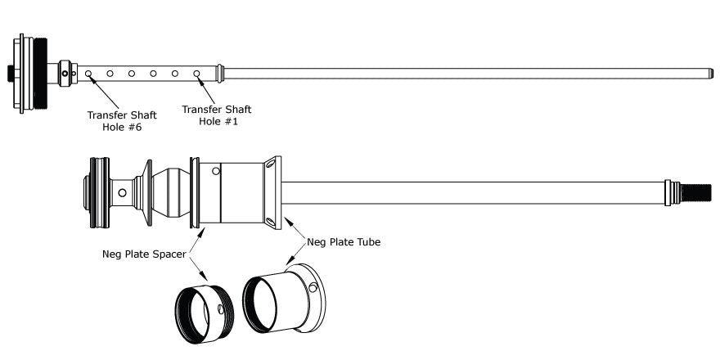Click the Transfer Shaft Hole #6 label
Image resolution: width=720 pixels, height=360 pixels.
[x=122, y=121]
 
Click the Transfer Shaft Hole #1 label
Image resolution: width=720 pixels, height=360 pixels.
[x=217, y=115]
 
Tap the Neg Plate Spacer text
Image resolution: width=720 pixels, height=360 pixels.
[x=144, y=254]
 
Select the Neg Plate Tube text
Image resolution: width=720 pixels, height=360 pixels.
[x=344, y=242]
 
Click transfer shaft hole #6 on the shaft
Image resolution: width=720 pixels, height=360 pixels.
[x=88, y=74]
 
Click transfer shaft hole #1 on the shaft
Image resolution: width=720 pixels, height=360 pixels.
[x=196, y=74]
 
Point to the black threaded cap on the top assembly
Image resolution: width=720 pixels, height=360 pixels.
[x=40, y=74]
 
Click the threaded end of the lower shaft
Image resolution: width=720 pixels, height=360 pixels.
[x=696, y=193]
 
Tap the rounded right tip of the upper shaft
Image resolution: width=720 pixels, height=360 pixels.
[x=711, y=74]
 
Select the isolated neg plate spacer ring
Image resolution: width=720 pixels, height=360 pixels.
[x=205, y=314]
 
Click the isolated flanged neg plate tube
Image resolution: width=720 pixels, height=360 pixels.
[x=284, y=299]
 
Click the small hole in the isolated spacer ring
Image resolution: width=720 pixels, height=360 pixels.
[x=221, y=309]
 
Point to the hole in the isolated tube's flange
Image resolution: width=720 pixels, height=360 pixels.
[x=313, y=287]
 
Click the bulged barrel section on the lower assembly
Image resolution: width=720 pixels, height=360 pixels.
[x=171, y=192]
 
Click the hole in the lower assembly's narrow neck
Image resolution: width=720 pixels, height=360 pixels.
[x=122, y=193]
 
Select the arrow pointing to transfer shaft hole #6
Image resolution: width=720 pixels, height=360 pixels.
[x=104, y=93]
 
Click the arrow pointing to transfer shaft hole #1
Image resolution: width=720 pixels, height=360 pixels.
[x=207, y=90]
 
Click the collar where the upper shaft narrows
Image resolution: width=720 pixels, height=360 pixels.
[x=220, y=74]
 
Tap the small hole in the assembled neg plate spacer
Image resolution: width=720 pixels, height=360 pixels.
[x=215, y=171]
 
